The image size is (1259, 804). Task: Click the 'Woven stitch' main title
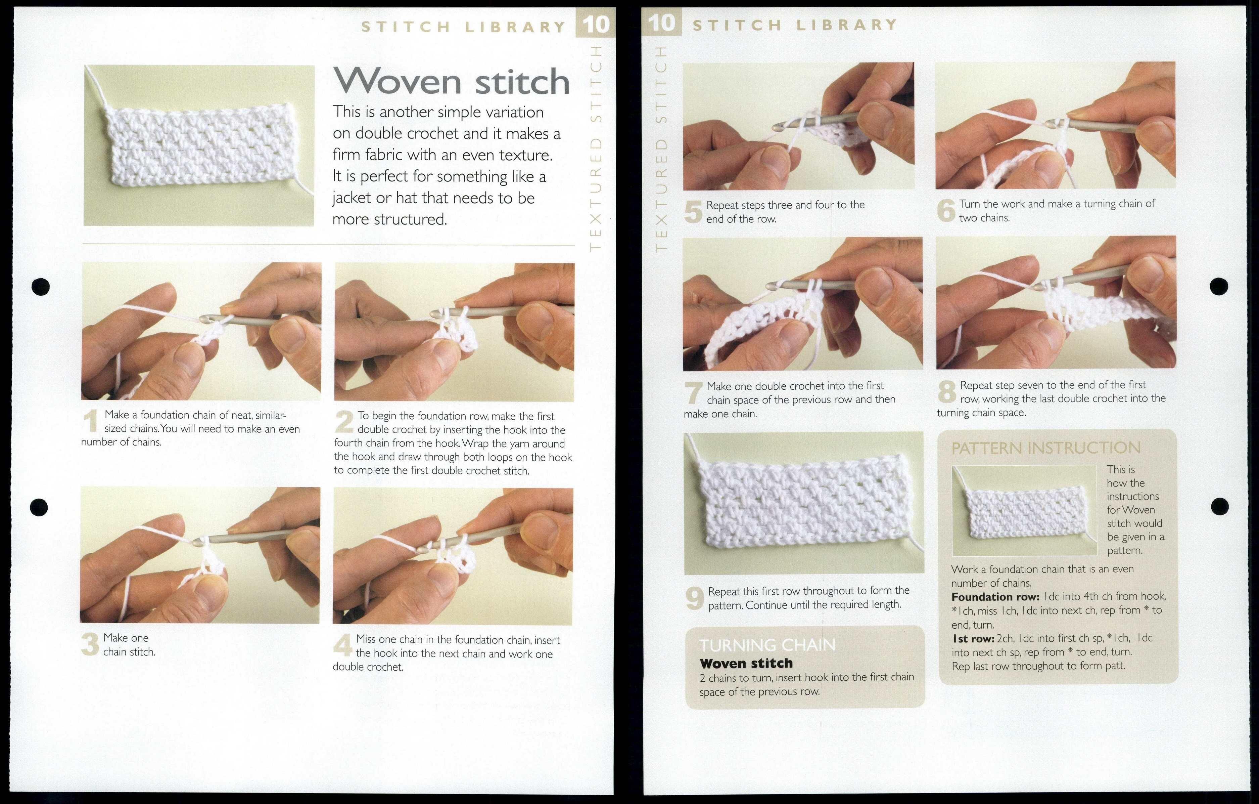click(x=451, y=82)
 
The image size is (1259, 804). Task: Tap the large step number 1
click(x=91, y=422)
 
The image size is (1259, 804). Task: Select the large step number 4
click(x=342, y=646)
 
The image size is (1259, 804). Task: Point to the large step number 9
click(x=694, y=599)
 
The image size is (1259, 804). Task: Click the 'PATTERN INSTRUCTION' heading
click(x=1046, y=448)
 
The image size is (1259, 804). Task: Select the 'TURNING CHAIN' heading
click(x=767, y=645)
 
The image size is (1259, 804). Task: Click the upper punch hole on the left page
click(x=41, y=286)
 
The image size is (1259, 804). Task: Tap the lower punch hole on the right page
click(x=1219, y=506)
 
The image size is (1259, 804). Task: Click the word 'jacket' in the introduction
click(x=352, y=198)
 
